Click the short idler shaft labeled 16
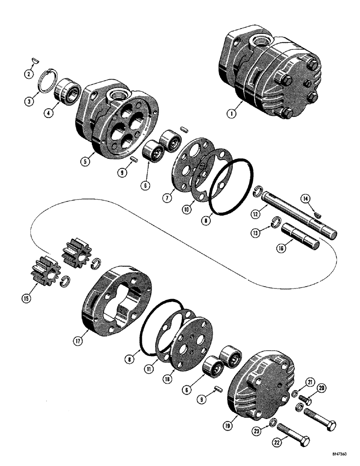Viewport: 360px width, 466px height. (301, 236)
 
